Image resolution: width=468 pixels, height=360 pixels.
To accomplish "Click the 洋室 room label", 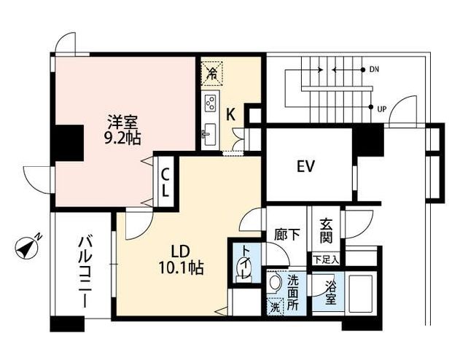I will pos(122,121).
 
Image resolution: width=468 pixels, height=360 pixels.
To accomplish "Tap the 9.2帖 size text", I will pos(122,136).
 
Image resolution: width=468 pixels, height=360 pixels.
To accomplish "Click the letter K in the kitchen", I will pos(230,114).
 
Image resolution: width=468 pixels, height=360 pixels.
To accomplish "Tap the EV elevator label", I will pos(305,166).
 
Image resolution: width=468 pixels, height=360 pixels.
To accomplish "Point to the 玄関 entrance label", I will pos(326,231).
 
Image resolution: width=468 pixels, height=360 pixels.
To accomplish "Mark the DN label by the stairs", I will pos(374,70).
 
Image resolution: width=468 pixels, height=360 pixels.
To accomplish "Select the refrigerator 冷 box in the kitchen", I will pos(211,72).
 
